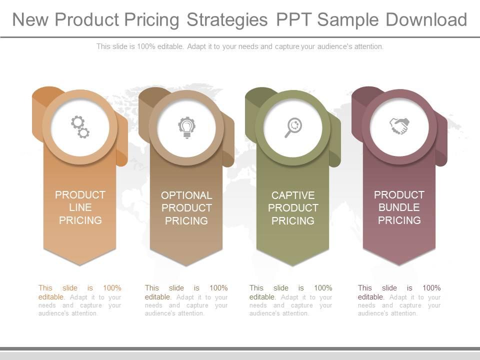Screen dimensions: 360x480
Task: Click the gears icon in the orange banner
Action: click(x=80, y=126)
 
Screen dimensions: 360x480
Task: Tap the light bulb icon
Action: click(x=186, y=127)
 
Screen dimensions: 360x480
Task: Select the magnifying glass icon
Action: click(x=293, y=127)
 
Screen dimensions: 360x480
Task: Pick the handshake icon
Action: click(x=399, y=125)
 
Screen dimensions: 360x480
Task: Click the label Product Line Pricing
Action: click(x=80, y=207)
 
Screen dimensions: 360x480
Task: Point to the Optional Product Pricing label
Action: click(x=186, y=208)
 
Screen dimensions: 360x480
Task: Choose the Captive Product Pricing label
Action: click(x=293, y=208)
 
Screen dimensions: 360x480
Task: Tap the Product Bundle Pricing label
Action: click(x=399, y=207)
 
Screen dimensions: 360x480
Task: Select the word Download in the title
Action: click(x=426, y=20)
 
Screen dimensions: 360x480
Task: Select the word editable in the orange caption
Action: click(x=51, y=297)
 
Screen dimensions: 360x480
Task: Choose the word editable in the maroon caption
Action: click(x=370, y=297)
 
